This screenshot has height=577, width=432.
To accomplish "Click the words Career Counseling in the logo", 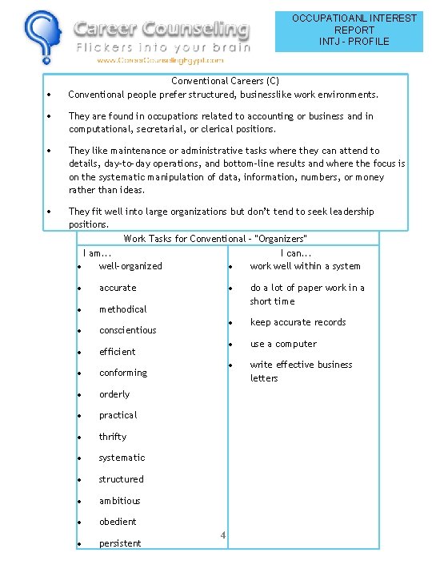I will point(162,30).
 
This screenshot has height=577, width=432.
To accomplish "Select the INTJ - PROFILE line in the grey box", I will point(354,41).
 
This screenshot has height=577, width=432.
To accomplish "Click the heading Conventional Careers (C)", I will point(225,81).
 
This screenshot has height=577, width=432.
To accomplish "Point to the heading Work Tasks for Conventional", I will point(215,238).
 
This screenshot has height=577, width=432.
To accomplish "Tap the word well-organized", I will point(130,266).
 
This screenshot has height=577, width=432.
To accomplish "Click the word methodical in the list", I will point(122,309).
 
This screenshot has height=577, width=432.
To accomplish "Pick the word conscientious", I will point(127,330).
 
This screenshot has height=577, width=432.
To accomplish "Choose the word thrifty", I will point(113,437).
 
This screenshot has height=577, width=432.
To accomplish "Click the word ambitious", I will point(119,501).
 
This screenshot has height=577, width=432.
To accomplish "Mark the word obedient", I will point(118,522).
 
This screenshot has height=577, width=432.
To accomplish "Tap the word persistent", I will point(120,543).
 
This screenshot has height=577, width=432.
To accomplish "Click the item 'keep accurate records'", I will point(298,322).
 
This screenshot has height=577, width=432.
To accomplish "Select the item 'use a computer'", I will point(283,344).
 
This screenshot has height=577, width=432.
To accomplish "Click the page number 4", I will point(224,535).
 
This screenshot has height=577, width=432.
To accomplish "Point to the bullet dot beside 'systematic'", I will point(82,458).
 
